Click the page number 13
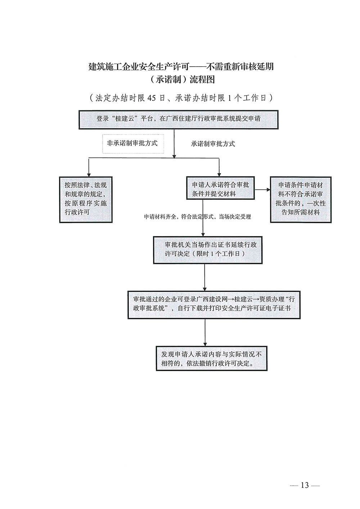[305, 485]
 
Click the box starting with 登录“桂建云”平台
[179, 119]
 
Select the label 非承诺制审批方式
[132, 143]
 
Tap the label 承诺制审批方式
[213, 144]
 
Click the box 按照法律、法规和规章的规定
[86, 199]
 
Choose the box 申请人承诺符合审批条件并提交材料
[220, 189]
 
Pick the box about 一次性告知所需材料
[301, 199]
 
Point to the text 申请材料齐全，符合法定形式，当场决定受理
[198, 217]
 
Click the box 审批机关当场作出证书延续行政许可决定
[208, 249]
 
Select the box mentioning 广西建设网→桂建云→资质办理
[214, 303]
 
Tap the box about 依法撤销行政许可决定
[212, 359]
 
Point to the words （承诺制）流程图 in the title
[181, 80]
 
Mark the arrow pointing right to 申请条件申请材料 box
[263, 189]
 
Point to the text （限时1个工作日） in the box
[219, 254]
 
